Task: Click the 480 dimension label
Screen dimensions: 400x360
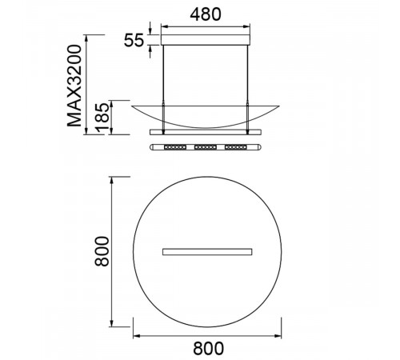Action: [206, 14]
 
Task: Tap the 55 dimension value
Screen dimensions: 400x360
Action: [134, 40]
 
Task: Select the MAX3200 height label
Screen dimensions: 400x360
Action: [74, 86]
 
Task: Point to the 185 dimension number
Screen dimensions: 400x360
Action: [102, 118]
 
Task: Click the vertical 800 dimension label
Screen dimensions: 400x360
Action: [102, 251]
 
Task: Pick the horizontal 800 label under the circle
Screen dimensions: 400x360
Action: [208, 348]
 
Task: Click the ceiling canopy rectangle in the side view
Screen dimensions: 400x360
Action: [206, 40]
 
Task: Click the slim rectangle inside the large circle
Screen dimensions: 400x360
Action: [207, 252]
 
